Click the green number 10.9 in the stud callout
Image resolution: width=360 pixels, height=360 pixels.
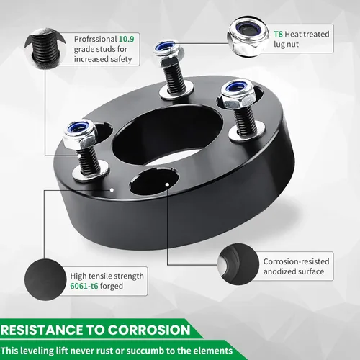[127, 39]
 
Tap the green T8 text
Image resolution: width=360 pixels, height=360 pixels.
[278, 34]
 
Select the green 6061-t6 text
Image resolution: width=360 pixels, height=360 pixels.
[84, 286]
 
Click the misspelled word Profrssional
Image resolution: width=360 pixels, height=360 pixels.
[95, 39]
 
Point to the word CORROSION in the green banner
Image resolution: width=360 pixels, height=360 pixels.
[149, 330]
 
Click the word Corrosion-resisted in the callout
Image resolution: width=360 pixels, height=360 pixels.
[296, 261]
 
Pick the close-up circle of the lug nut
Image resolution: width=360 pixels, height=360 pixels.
[248, 37]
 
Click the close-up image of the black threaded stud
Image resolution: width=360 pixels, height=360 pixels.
[45, 49]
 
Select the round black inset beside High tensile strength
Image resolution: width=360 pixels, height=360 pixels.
[45, 279]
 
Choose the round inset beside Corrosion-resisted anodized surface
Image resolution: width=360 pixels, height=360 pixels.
[238, 264]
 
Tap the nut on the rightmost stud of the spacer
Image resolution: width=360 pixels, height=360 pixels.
[237, 95]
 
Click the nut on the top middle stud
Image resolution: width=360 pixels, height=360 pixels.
[169, 53]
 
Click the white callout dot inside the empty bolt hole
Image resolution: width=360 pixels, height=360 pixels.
[167, 184]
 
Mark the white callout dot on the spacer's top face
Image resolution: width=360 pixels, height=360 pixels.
[112, 190]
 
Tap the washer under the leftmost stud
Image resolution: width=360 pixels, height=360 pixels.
[91, 172]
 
